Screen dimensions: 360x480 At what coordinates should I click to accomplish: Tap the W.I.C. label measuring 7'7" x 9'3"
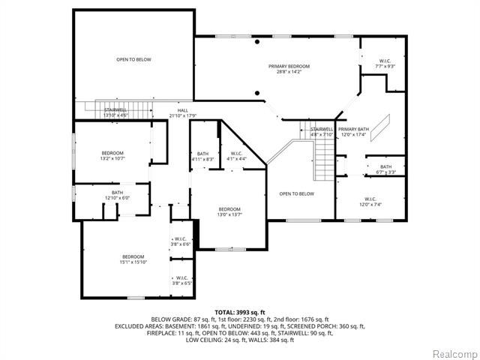point(384,63)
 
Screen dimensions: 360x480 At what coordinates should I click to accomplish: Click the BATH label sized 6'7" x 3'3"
point(385,169)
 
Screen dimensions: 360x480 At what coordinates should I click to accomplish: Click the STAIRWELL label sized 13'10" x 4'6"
point(115,112)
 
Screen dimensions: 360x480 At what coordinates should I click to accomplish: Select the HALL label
point(182,112)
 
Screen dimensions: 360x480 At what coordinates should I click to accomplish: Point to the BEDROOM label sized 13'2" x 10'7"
point(112,155)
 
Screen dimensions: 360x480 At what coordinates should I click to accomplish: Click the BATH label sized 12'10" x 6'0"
point(118,195)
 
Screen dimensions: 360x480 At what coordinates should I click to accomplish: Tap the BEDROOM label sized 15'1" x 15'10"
point(133,259)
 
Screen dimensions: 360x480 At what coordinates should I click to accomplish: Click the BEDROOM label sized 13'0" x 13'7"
point(229,211)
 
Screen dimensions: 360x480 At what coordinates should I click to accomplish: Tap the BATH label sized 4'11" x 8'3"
point(202,156)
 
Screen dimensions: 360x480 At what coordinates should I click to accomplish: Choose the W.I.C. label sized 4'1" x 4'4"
point(236,156)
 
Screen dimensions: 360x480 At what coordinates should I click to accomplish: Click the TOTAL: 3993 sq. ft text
point(239,311)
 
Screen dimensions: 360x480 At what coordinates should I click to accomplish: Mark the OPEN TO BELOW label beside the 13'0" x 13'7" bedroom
point(296,193)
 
